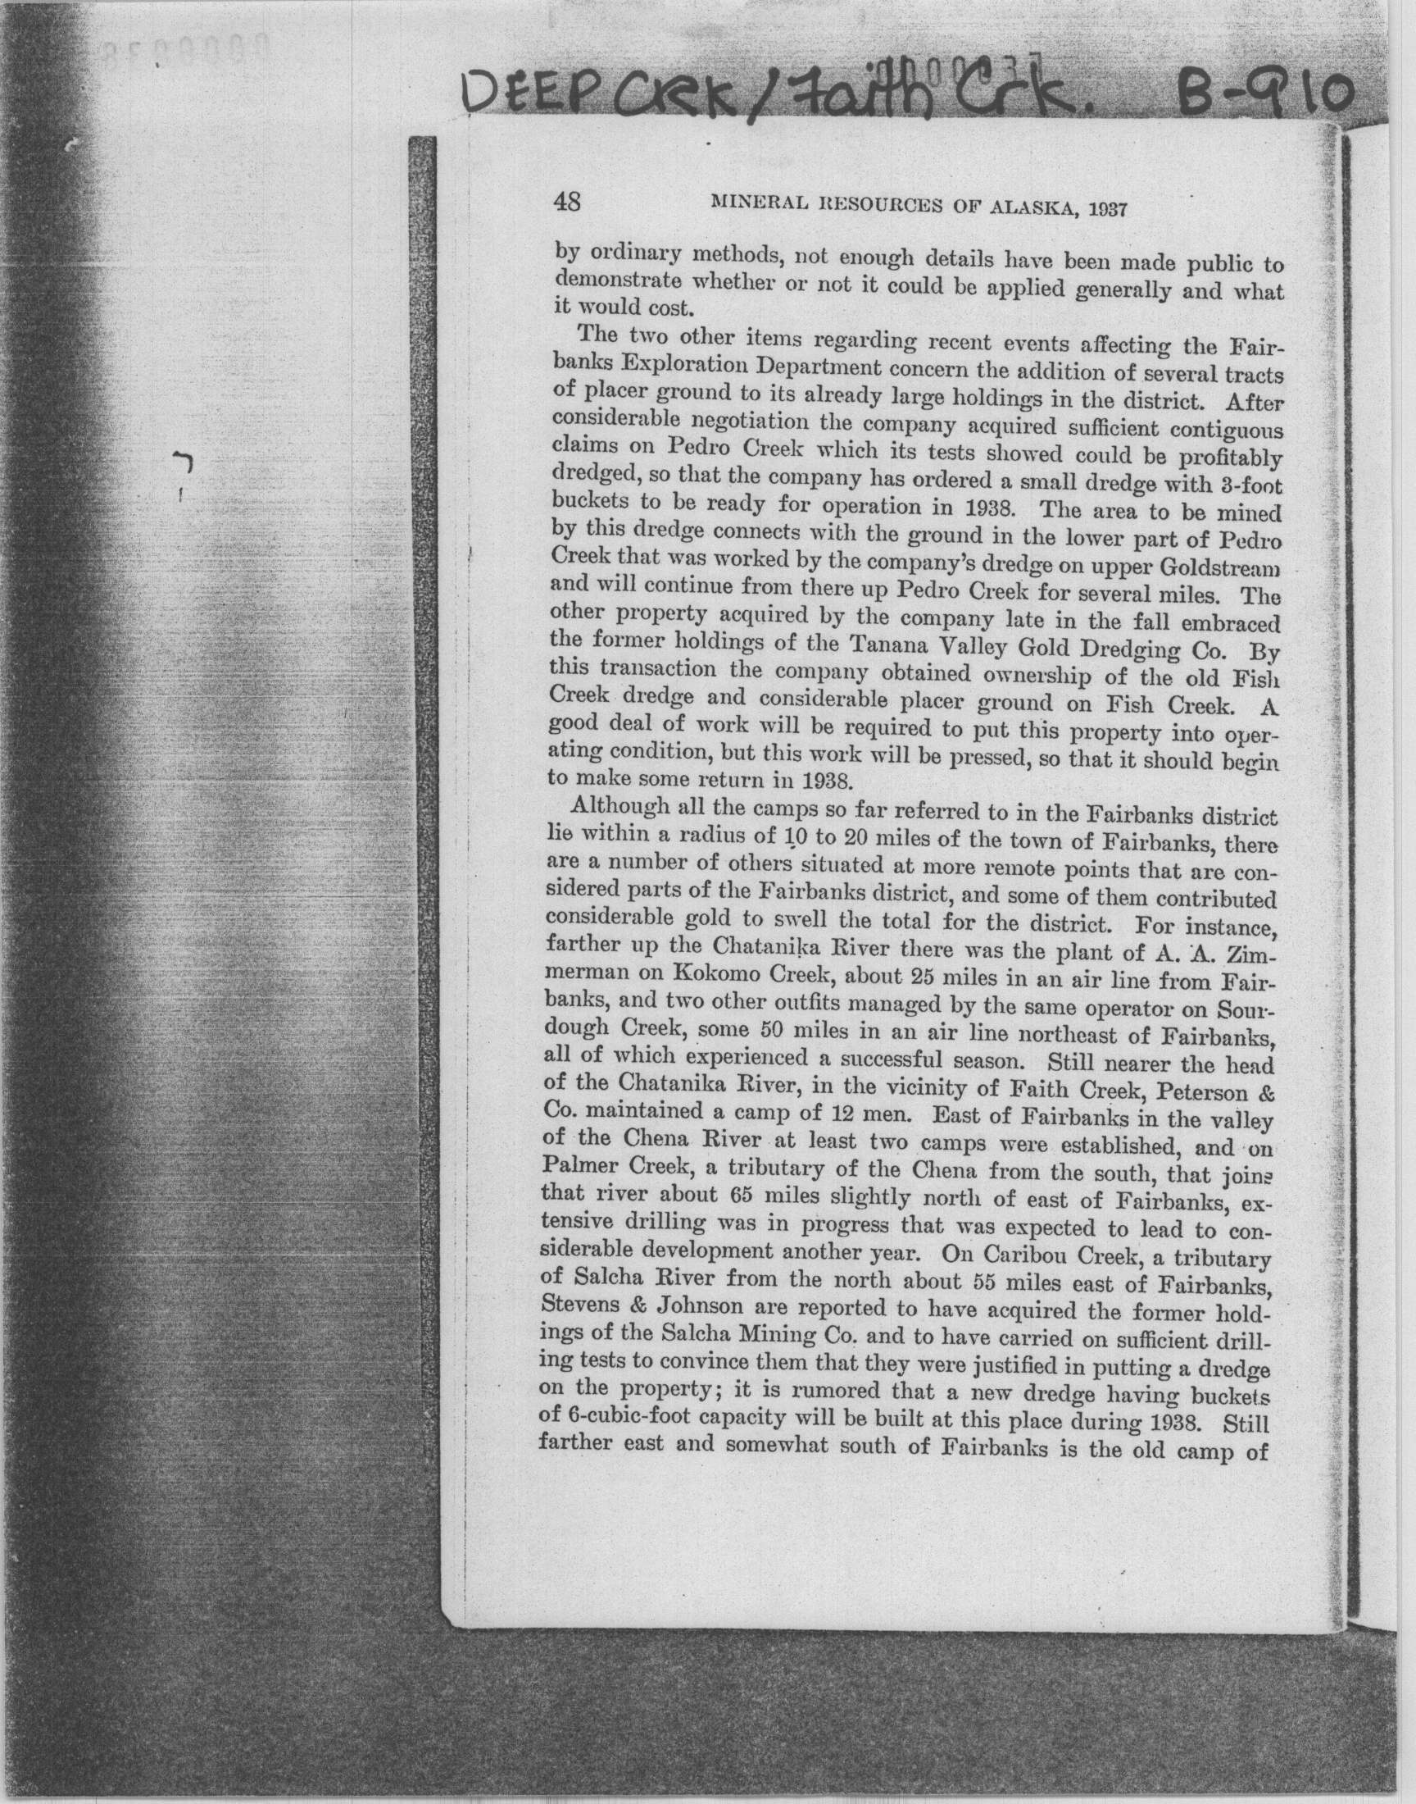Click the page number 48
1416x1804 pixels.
[567, 202]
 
